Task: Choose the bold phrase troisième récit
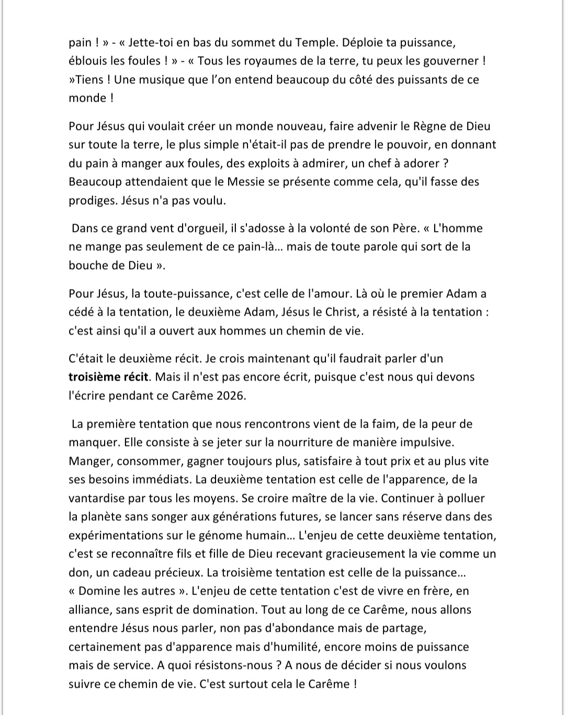(x=108, y=377)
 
